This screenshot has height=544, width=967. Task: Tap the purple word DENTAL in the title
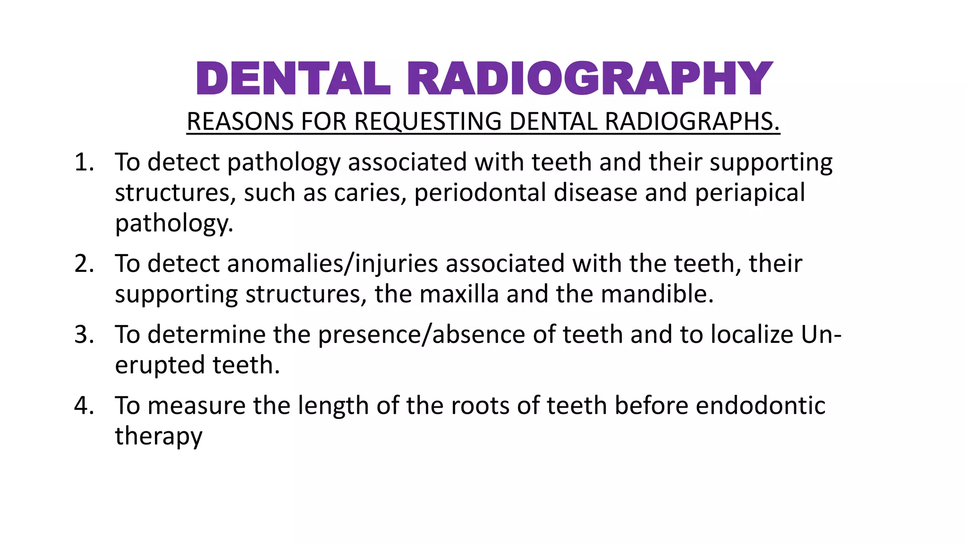[x=293, y=79]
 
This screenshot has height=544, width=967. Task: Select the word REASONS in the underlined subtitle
[x=240, y=121]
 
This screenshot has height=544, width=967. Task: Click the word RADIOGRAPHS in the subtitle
[x=692, y=121]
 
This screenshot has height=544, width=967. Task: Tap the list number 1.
[x=84, y=162]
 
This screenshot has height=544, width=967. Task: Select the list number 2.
[x=84, y=263]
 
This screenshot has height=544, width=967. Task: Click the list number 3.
[x=84, y=335]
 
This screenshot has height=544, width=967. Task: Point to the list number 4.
[x=84, y=406]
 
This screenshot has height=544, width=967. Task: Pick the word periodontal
[x=480, y=193]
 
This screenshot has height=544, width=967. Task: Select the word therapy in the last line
[x=159, y=436]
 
